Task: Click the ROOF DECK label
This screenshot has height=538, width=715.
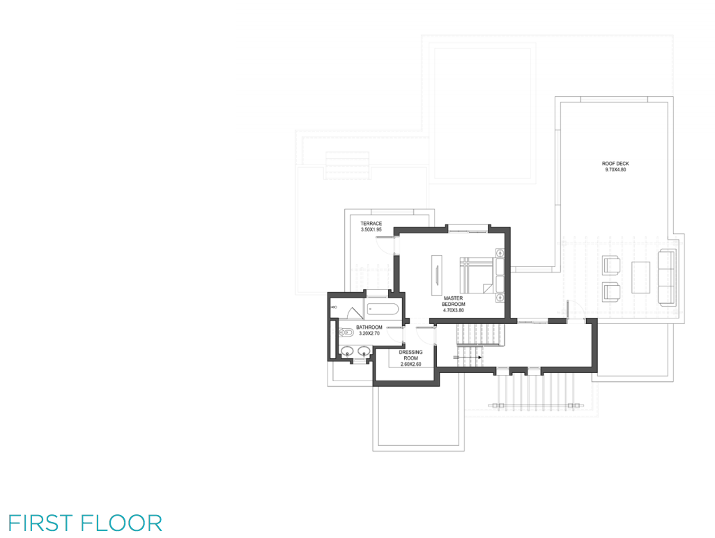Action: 615,164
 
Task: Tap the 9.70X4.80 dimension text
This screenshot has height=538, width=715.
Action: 615,169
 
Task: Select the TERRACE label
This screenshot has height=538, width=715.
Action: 371,224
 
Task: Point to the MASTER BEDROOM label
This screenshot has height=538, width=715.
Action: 453,301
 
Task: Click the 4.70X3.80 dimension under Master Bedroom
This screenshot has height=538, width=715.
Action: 453,310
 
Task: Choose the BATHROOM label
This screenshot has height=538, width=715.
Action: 369,328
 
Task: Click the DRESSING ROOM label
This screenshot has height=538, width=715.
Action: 411,355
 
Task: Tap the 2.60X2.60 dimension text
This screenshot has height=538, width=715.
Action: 411,364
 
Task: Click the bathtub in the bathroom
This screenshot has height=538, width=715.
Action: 383,309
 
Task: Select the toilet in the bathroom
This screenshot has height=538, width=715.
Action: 346,332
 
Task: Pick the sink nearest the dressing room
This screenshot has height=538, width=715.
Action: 364,351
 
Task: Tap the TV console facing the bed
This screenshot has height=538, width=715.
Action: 437,270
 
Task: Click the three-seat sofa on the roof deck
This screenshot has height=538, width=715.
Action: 667,277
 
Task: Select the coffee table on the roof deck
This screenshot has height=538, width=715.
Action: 640,277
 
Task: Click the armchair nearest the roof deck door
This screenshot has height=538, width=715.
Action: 611,292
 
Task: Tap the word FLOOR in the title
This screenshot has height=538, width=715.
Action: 122,523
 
